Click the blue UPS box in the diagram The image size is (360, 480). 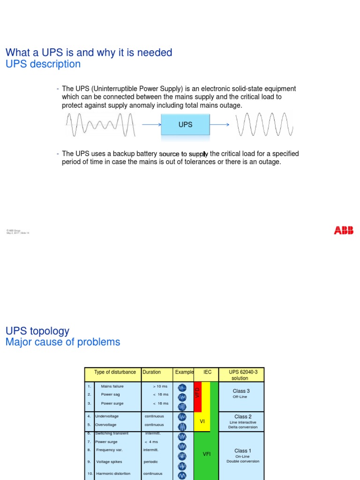(x=185, y=124)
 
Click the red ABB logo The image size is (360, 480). (x=344, y=230)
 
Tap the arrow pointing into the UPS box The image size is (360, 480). (x=151, y=125)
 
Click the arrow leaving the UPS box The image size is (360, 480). (x=219, y=125)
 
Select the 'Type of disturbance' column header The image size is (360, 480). (x=115, y=372)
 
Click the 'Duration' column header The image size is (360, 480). (x=152, y=372)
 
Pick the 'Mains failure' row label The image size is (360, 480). (x=112, y=386)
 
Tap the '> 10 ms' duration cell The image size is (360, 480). (x=160, y=386)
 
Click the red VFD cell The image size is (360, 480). (x=197, y=397)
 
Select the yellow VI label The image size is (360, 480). (x=202, y=421)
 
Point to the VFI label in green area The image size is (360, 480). (x=207, y=454)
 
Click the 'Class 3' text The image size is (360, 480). (x=241, y=391)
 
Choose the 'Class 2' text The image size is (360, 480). (x=243, y=416)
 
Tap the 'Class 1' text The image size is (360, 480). (x=243, y=450)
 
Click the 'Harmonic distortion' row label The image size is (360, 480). (x=113, y=473)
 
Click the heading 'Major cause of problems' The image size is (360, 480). (x=63, y=342)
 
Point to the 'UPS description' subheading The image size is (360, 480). (x=43, y=64)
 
